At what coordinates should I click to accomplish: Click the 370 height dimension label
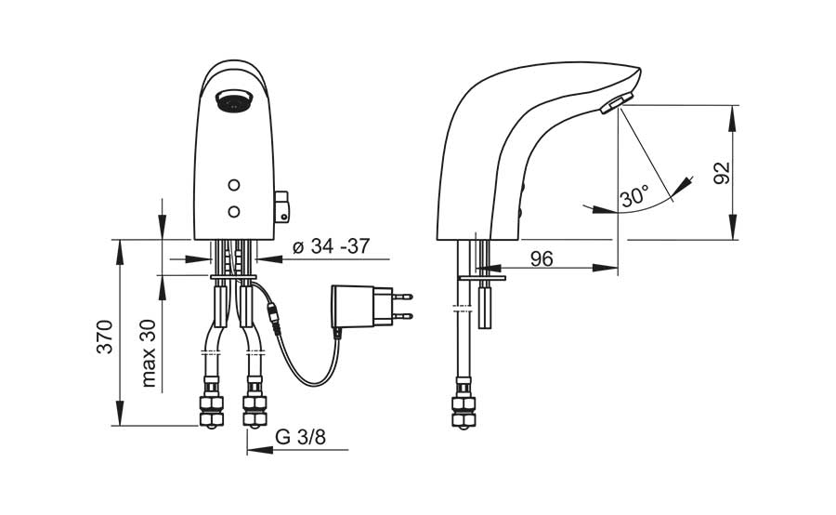(106, 337)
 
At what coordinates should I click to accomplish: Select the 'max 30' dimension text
(149, 353)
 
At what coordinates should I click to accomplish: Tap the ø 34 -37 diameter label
(331, 246)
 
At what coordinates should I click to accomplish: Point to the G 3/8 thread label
(300, 437)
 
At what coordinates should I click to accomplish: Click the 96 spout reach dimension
(542, 258)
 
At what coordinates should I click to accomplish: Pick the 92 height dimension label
(722, 172)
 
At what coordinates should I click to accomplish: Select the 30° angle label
(635, 197)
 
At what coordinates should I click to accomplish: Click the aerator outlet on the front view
(233, 101)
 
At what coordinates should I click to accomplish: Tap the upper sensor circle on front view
(233, 185)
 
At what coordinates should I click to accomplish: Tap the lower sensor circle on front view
(233, 212)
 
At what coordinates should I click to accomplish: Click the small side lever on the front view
(281, 207)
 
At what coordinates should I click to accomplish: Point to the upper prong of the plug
(402, 296)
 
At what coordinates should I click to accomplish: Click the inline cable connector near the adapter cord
(274, 319)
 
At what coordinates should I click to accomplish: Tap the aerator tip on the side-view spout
(616, 103)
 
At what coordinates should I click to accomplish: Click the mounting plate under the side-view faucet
(481, 278)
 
